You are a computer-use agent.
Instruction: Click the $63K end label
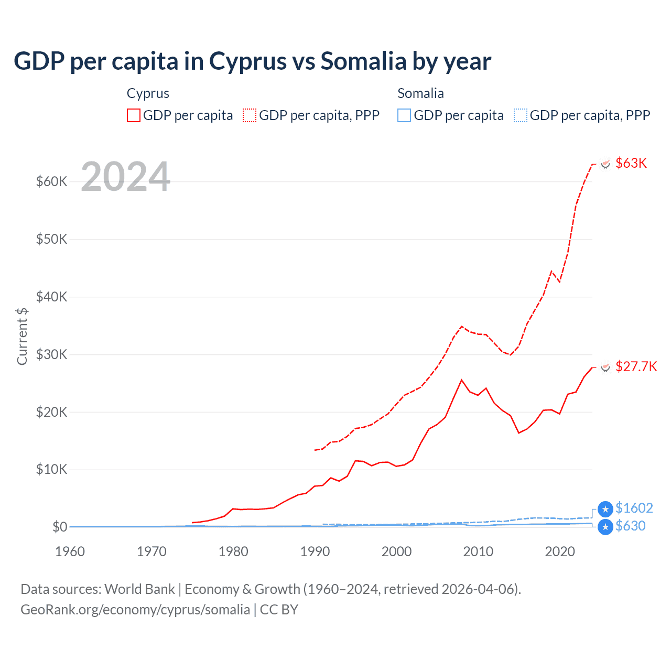point(631,163)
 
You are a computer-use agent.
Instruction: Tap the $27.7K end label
point(636,366)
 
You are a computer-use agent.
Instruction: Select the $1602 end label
point(634,508)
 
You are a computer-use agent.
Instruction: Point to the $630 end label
point(631,526)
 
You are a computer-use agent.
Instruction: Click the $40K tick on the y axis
point(52,297)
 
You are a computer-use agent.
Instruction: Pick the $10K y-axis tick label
point(52,469)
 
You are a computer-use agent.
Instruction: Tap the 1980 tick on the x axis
point(233,551)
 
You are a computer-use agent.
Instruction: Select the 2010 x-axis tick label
point(478,551)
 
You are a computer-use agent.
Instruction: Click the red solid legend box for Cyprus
point(134,115)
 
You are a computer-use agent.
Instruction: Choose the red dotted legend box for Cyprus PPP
point(250,115)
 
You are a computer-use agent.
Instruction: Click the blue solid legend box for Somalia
point(404,115)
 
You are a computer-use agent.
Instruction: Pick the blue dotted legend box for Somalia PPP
point(521,115)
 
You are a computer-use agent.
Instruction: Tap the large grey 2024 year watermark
point(126,177)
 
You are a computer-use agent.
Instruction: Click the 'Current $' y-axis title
point(22,336)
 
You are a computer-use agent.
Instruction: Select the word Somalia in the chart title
point(363,61)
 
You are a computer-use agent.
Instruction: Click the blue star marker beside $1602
point(605,508)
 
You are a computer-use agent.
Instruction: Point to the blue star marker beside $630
point(605,527)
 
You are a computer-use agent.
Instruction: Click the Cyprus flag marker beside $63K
point(605,164)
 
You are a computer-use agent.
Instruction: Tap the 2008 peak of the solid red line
point(461,380)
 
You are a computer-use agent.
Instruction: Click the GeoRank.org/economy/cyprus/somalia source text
point(135,610)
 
